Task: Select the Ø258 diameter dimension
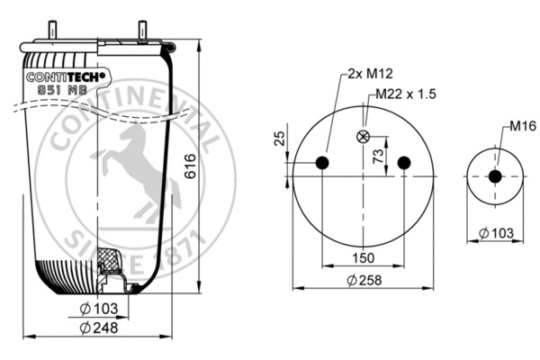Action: (x=364, y=280)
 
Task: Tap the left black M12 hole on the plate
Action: (x=323, y=163)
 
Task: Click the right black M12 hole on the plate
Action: (x=404, y=163)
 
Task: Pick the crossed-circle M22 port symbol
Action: (x=364, y=137)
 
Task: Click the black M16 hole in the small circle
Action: (x=494, y=176)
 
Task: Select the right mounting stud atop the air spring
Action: (x=142, y=30)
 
